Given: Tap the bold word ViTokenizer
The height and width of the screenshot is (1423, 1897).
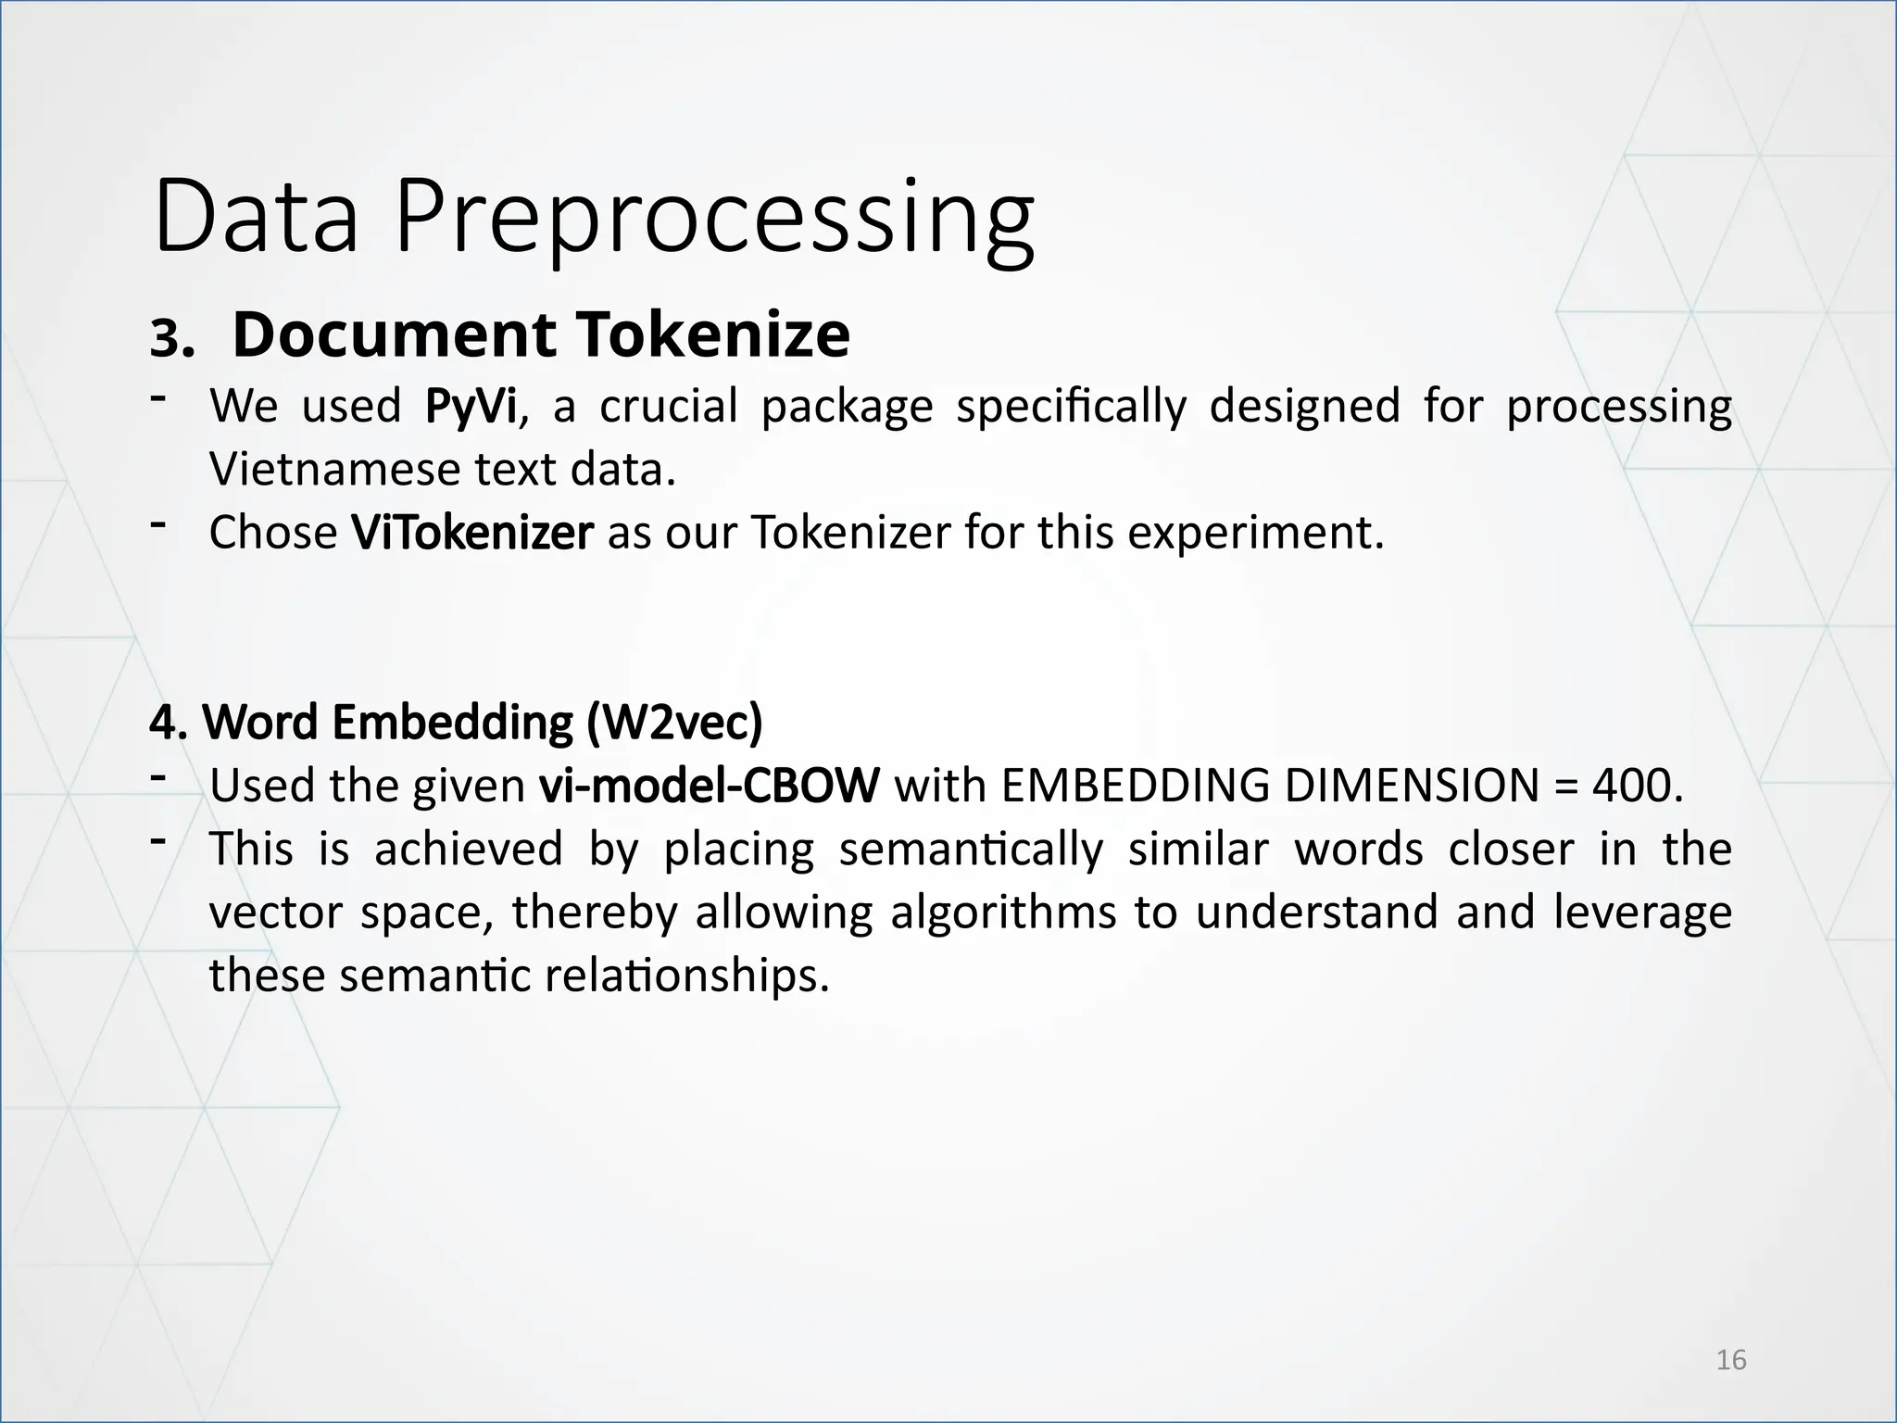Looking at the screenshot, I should [471, 533].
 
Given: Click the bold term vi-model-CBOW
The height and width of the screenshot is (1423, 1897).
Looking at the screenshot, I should [709, 787].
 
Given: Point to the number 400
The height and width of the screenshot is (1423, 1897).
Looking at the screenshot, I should [1633, 787].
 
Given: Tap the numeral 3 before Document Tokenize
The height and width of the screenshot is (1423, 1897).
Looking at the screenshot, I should [167, 341].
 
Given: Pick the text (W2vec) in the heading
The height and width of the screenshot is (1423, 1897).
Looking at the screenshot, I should [674, 723].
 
